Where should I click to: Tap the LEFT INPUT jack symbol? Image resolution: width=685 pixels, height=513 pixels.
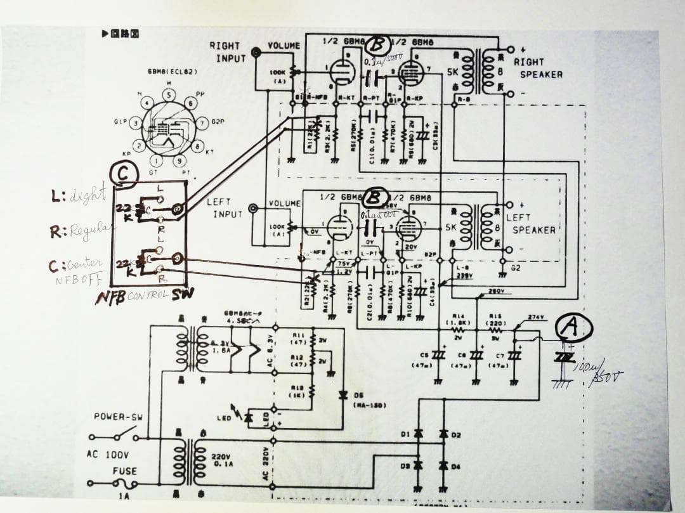click(x=254, y=208)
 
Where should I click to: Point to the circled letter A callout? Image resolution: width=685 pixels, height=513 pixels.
click(x=573, y=327)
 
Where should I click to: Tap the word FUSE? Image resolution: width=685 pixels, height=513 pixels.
click(x=124, y=471)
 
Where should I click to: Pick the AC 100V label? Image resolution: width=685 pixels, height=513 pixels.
click(x=108, y=455)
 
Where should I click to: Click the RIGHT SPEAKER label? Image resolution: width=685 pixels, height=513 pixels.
click(x=537, y=68)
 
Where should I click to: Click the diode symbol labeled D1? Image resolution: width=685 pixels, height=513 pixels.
click(x=418, y=434)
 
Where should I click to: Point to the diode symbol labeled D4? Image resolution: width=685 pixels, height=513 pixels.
click(x=444, y=466)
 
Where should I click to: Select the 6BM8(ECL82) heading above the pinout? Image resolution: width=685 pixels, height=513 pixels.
click(x=173, y=72)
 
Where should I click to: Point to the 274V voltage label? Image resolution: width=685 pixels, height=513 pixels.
click(x=537, y=317)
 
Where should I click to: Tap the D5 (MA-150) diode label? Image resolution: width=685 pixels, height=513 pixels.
click(x=365, y=399)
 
